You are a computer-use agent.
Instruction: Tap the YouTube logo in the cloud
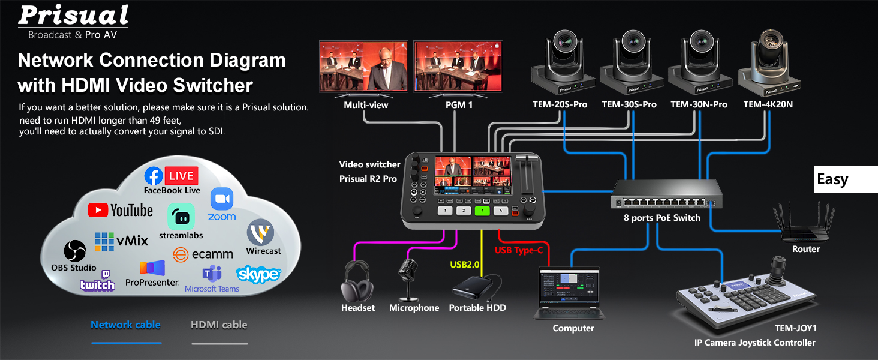[121, 210]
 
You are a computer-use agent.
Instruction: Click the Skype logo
[259, 274]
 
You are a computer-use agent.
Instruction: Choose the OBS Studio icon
[76, 251]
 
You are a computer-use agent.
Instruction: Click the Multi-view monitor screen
[363, 66]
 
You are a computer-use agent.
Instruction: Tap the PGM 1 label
[459, 105]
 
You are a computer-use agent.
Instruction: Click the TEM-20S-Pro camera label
[560, 104]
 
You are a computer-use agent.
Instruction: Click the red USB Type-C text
[519, 250]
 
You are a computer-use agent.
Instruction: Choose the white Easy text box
[846, 179]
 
